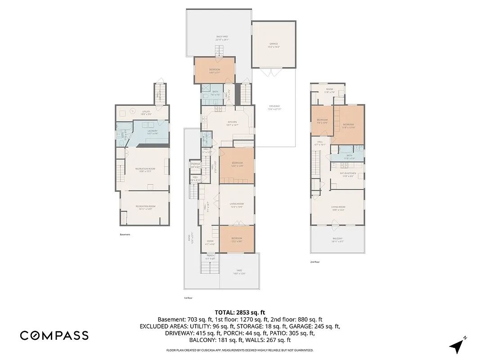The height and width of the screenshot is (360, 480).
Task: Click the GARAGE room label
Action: click(x=274, y=44)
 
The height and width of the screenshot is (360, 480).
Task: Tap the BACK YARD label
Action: click(x=222, y=37)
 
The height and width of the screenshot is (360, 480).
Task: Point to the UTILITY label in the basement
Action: click(x=146, y=112)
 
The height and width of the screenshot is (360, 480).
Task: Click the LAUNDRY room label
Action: click(x=153, y=131)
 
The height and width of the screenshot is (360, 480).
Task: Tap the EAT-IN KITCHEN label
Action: click(x=348, y=173)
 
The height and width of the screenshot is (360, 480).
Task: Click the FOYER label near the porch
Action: click(x=210, y=241)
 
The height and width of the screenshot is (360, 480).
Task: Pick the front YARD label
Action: click(x=239, y=271)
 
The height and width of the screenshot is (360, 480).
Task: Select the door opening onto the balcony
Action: click(x=334, y=223)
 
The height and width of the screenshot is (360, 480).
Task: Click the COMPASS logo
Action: click(x=54, y=335)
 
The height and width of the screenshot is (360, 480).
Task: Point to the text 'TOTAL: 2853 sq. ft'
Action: click(x=240, y=312)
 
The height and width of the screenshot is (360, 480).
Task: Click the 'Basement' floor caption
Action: click(x=125, y=234)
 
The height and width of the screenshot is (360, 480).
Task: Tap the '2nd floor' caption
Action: click(x=315, y=262)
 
